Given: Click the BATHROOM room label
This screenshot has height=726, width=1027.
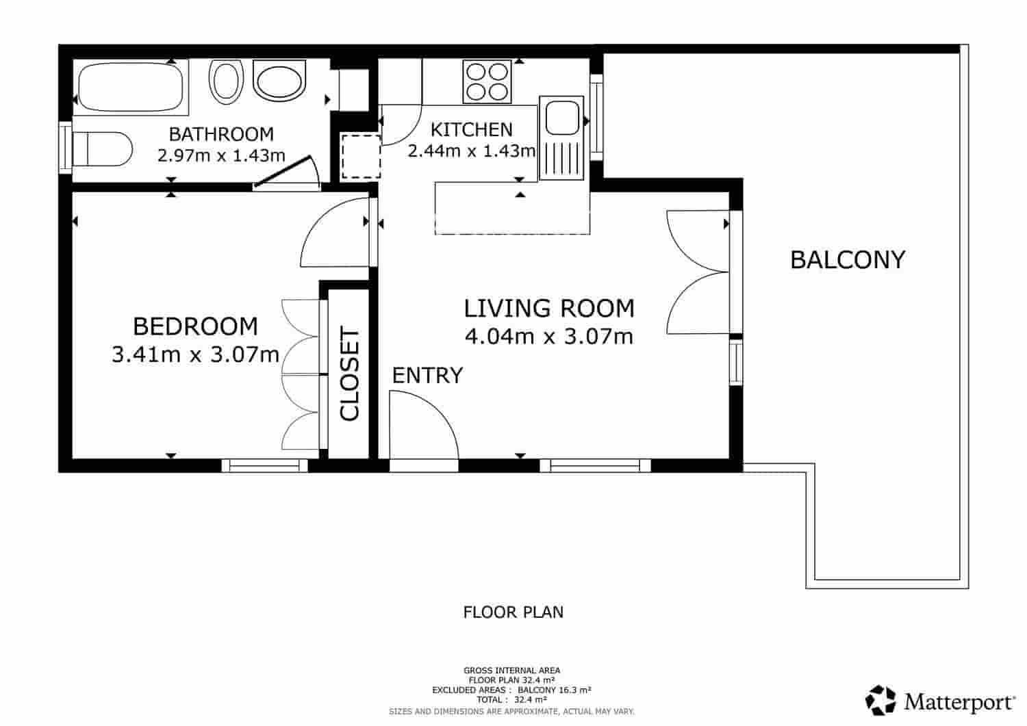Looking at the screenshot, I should coord(221,134).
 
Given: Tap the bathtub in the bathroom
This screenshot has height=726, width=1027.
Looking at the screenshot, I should coord(130,87).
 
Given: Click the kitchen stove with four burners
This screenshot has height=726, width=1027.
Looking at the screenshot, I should coord(487,81).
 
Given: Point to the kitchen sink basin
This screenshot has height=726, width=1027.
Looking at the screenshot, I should coord(561,117).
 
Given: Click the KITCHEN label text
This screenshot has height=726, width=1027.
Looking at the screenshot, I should coord(471,129).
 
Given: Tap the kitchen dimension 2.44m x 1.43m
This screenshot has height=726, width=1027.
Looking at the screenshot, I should coord(471,151).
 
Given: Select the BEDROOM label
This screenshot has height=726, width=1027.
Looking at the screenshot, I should coord(195,326).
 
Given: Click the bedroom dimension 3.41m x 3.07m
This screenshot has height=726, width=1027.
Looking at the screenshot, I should coord(195,354).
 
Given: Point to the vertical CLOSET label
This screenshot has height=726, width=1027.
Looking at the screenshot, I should coord(349,374).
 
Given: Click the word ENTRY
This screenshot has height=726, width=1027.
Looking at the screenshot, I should coord(427,376).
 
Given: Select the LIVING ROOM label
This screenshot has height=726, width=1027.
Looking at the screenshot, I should coord(549,309).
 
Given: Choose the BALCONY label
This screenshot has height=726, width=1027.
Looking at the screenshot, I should coord(847,260).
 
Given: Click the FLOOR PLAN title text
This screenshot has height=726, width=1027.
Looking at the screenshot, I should coord(513,612).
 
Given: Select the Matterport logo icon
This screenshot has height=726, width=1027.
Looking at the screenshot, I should coord(880,701).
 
